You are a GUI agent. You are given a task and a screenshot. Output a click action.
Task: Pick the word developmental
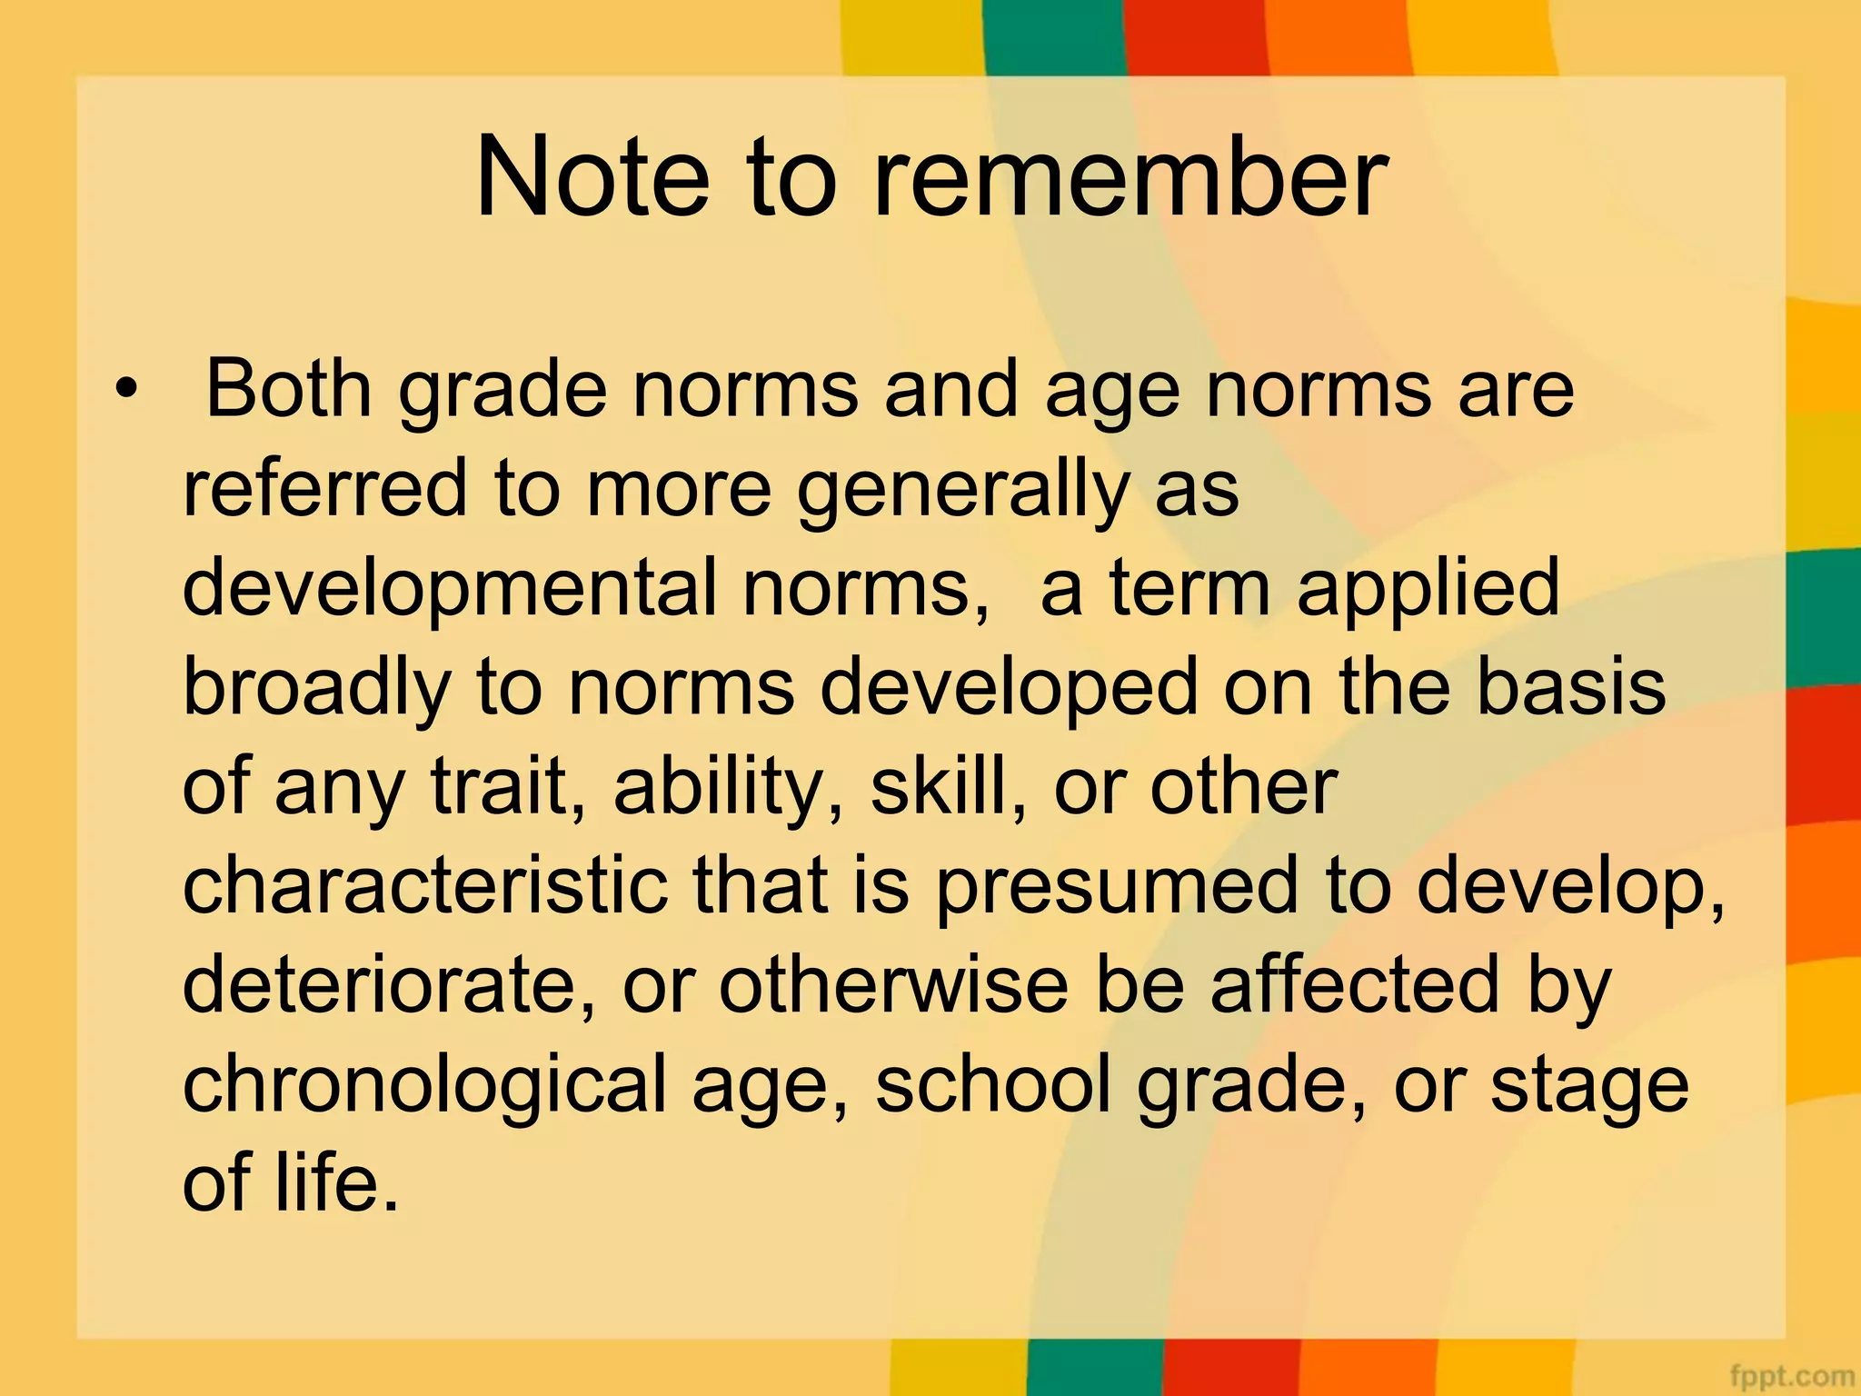[x=451, y=590]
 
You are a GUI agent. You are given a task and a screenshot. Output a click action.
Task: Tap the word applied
[x=1428, y=590]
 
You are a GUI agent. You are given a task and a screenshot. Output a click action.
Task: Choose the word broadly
[x=316, y=688]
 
